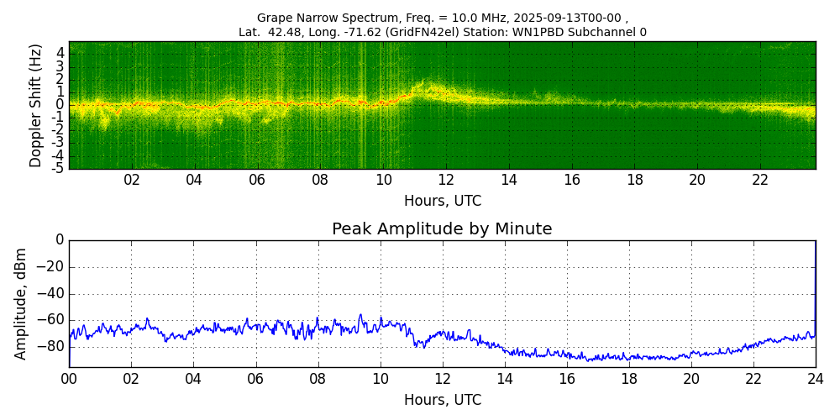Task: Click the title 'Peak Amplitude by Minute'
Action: pos(442,229)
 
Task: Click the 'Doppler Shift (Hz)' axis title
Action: pos(36,105)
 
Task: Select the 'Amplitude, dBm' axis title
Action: pos(22,303)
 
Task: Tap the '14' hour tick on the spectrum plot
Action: pos(509,180)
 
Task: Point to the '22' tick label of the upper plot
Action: pos(760,180)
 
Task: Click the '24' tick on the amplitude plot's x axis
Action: pos(816,378)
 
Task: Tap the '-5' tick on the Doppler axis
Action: pos(58,168)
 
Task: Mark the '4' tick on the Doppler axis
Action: pos(60,52)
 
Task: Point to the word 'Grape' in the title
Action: pos(274,18)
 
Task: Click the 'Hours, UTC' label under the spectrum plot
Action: pos(443,201)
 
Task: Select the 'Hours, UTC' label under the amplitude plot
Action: pos(443,400)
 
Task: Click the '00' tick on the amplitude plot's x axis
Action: pos(69,378)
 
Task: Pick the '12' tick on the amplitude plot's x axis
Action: pos(443,378)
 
